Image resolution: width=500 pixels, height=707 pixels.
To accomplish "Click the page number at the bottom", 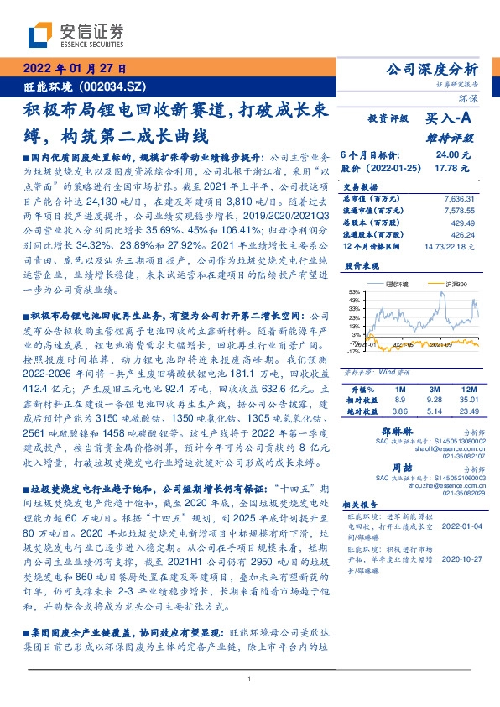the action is pos(250,678).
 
